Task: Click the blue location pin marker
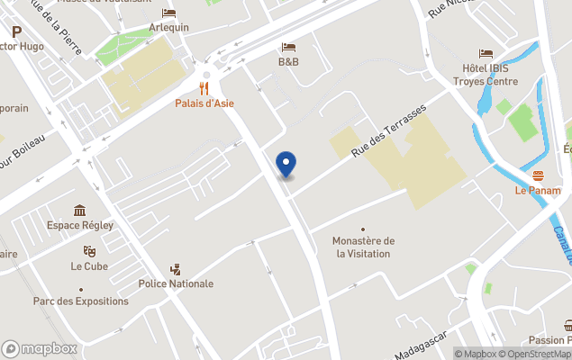(x=286, y=164)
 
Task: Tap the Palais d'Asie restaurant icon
(x=204, y=88)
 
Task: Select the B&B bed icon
(x=288, y=47)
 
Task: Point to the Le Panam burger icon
(x=538, y=175)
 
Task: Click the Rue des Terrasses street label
(x=388, y=130)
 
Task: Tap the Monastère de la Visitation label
(x=363, y=247)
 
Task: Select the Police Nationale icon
(x=176, y=269)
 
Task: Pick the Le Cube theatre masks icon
(x=89, y=251)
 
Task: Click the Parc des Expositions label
(x=80, y=301)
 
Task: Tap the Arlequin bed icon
(x=169, y=13)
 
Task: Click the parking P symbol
(x=16, y=31)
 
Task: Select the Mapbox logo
(x=40, y=349)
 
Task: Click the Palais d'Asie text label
(x=204, y=103)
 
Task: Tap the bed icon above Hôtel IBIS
(x=486, y=54)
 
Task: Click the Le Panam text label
(x=538, y=191)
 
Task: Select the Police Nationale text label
(x=176, y=283)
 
